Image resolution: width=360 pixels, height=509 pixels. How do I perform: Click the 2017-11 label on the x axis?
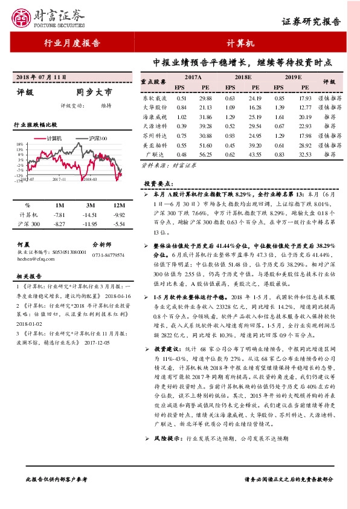(59, 179)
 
